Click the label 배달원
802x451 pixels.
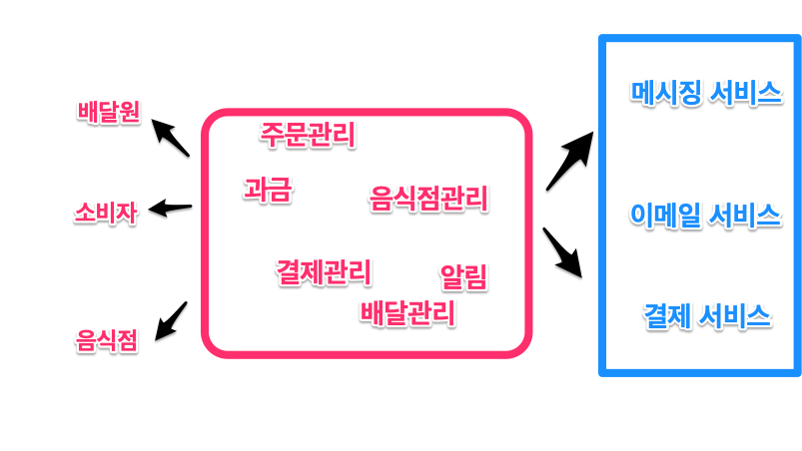[x=108, y=112]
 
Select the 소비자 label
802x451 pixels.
[x=106, y=213]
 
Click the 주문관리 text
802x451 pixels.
[x=308, y=134]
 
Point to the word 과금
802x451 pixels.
[x=268, y=190]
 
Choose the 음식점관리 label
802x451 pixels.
[x=428, y=198]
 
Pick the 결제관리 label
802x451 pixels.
[x=324, y=270]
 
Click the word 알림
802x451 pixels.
[x=463, y=276]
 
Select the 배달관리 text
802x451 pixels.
[x=407, y=312]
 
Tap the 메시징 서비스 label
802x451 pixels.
[x=705, y=93]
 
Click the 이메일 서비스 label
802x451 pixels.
[x=705, y=214]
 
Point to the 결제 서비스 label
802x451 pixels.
[x=706, y=316]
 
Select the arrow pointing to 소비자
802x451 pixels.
[x=170, y=209]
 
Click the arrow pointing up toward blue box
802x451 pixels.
[x=570, y=160]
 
